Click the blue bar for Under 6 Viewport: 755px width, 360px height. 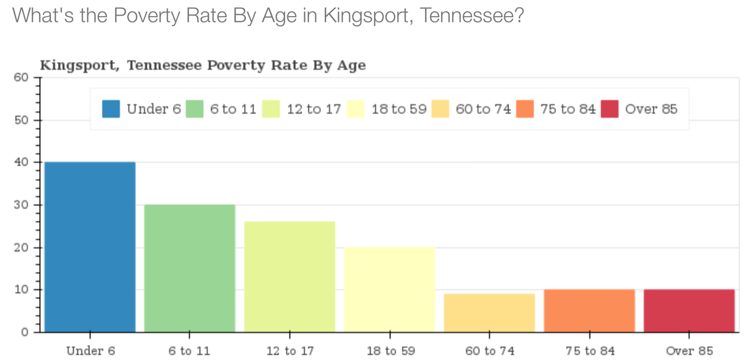tap(90, 247)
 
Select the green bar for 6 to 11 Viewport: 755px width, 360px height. tap(189, 268)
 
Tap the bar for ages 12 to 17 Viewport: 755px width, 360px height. tap(289, 277)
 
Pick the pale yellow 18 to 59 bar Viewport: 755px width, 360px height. tap(389, 290)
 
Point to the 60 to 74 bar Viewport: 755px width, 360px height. tap(489, 313)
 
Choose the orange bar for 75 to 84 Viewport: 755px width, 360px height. tap(589, 310)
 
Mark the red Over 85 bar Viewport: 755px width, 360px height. tap(689, 310)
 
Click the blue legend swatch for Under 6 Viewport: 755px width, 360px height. tap(111, 109)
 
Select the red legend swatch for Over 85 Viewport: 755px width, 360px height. tap(610, 109)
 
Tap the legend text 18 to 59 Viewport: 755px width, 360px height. tap(399, 109)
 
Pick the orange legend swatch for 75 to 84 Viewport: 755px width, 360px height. tap(525, 109)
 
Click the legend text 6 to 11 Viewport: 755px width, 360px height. tap(233, 109)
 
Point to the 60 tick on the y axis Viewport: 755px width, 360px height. tap(36, 77)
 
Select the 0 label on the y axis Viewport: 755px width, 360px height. tap(25, 332)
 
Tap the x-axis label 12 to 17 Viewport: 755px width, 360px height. tap(290, 351)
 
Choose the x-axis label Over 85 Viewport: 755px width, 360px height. tap(689, 351)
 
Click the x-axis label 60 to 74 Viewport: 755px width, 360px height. tap(490, 351)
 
